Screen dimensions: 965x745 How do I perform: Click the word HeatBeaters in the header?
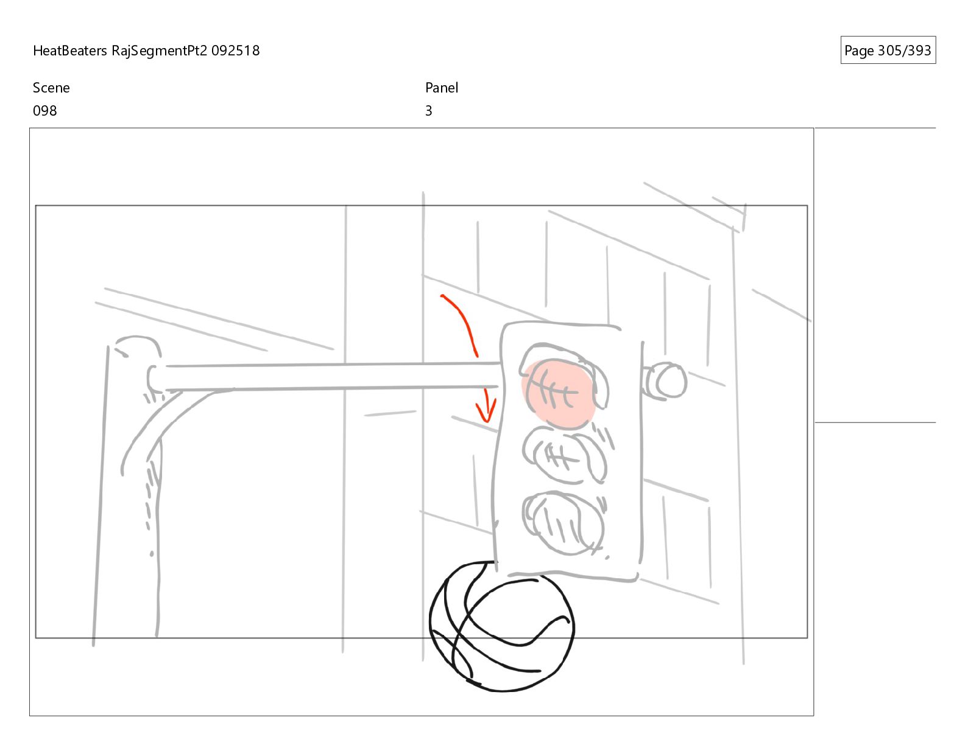[x=69, y=51]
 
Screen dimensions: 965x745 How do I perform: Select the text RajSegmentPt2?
[x=160, y=51]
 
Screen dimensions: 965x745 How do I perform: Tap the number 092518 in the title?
[x=235, y=51]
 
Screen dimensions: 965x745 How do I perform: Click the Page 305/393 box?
[x=888, y=50]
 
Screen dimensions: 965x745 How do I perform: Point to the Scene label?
[x=51, y=88]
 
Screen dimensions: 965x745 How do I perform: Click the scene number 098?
[x=45, y=111]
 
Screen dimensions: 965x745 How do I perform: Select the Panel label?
[x=442, y=88]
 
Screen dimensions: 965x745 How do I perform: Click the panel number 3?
[x=428, y=111]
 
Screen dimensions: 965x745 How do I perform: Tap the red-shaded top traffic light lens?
[x=559, y=394]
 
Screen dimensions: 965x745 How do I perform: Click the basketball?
[x=502, y=626]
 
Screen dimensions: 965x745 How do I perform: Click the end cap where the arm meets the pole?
[x=153, y=378]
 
